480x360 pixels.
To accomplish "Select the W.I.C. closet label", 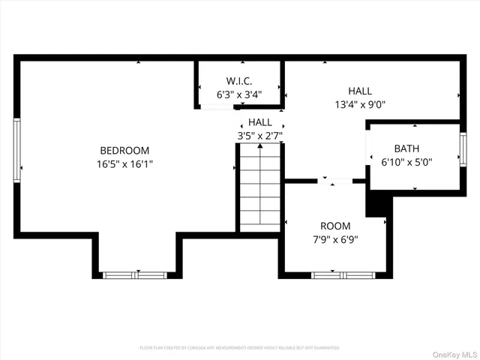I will point(239,81).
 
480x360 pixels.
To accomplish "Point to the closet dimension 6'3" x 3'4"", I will point(239,94).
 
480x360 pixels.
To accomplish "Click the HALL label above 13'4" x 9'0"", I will point(360,91).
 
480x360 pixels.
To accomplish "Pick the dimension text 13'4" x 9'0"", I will point(360,104).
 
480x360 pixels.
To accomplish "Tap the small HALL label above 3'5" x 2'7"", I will point(260,122).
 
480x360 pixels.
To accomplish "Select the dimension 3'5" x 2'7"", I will point(260,136).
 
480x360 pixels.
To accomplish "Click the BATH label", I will point(407,148).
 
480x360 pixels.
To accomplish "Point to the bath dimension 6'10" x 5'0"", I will point(407,161).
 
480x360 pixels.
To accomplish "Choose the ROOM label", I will point(335,226).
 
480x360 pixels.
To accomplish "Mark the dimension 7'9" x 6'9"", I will point(335,240).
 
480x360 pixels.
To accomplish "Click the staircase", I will point(260,187).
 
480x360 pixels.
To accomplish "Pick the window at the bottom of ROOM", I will point(334,274).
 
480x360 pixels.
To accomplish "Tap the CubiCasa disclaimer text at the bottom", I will point(240,348).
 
